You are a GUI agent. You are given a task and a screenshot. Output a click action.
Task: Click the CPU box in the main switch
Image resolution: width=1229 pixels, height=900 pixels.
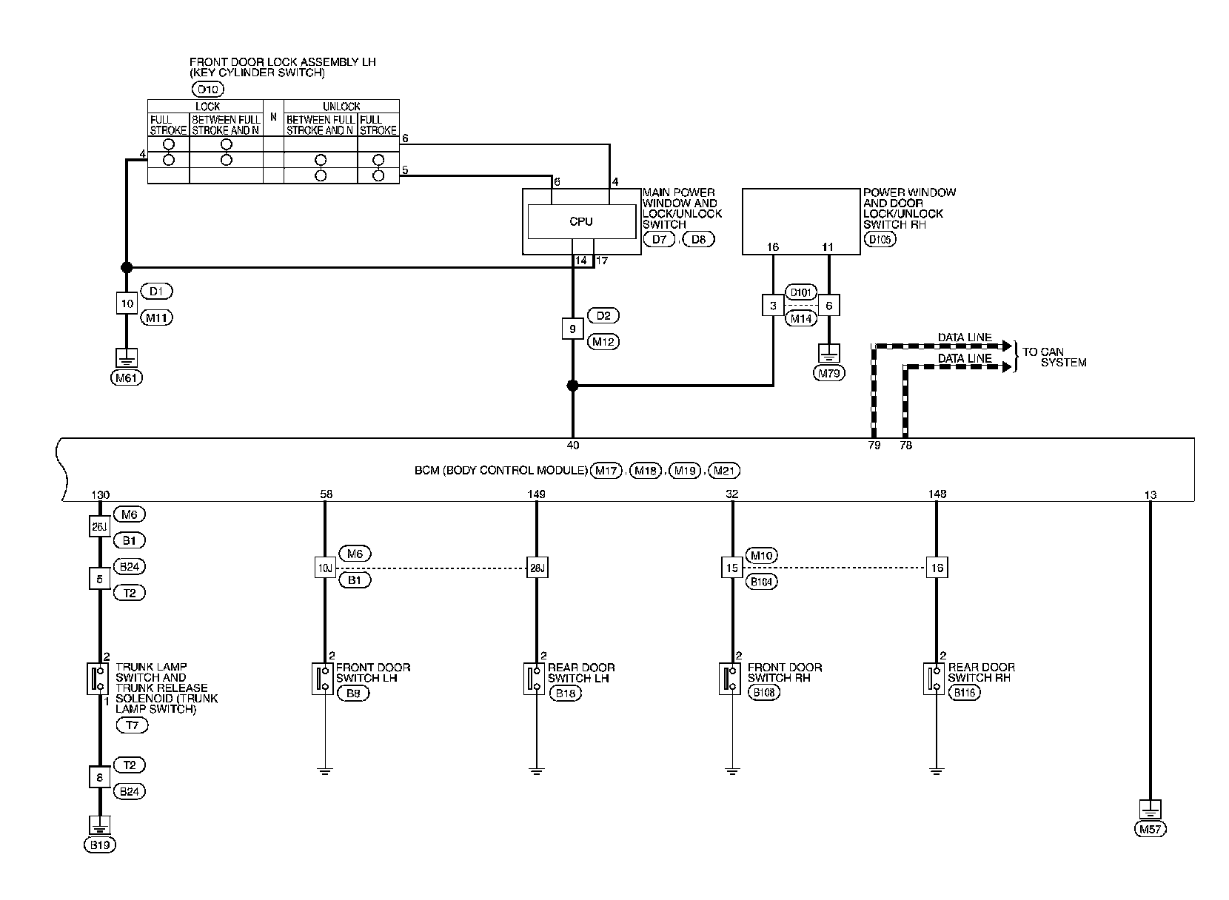click(x=581, y=221)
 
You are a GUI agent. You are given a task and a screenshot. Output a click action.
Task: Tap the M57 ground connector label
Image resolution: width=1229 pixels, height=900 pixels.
click(x=1150, y=830)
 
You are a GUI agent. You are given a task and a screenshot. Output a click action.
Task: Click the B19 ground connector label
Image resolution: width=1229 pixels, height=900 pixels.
click(x=100, y=844)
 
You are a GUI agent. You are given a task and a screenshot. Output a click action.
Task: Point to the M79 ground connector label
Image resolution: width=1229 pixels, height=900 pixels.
click(x=829, y=373)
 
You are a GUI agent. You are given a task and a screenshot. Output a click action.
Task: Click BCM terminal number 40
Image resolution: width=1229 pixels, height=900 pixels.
click(x=572, y=445)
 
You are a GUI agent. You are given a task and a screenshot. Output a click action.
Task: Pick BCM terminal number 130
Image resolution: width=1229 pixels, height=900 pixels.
click(x=99, y=494)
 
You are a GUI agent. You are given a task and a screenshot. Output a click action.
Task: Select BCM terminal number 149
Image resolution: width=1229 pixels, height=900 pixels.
click(x=537, y=494)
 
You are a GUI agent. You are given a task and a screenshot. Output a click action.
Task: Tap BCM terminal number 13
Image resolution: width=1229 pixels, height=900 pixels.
click(x=1150, y=494)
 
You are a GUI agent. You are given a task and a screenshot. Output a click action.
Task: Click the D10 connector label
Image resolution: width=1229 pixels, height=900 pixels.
click(x=207, y=90)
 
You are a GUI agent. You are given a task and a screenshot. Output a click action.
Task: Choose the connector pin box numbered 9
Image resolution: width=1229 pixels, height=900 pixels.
click(x=572, y=329)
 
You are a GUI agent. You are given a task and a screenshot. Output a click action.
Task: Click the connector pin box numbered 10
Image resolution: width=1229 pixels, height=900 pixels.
click(x=127, y=303)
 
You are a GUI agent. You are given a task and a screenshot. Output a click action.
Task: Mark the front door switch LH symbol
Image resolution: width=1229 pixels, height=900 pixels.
click(x=323, y=679)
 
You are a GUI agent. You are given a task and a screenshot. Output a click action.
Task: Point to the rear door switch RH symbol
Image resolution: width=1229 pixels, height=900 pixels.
click(x=934, y=679)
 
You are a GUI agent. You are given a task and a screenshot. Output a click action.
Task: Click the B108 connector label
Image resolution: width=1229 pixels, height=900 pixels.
click(x=763, y=694)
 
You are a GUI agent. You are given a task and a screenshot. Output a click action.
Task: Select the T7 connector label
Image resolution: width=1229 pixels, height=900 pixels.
click(x=132, y=725)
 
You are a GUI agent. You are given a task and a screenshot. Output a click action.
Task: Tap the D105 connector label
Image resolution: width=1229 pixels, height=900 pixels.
click(x=880, y=240)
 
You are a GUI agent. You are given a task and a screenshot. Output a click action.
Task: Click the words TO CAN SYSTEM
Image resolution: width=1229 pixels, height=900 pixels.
click(x=1054, y=357)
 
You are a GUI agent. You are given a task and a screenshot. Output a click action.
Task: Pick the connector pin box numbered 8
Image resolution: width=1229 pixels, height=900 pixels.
click(x=100, y=778)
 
